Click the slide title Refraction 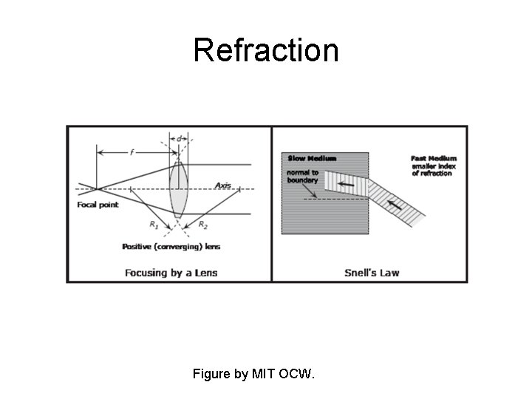tap(266, 50)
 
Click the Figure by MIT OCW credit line tap(253, 374)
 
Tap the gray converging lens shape tap(177, 189)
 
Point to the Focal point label tap(98, 205)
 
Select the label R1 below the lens tap(154, 223)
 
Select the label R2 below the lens tap(202, 223)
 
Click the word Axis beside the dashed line tap(224, 185)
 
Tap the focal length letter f tap(132, 152)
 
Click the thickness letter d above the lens tap(179, 139)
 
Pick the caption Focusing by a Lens tap(171, 273)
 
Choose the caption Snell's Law tap(372, 273)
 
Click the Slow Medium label tap(311, 158)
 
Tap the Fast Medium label tap(433, 158)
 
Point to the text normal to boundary tap(303, 177)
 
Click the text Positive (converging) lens tap(171, 246)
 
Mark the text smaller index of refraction tap(433, 170)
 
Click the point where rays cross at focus tap(98, 189)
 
